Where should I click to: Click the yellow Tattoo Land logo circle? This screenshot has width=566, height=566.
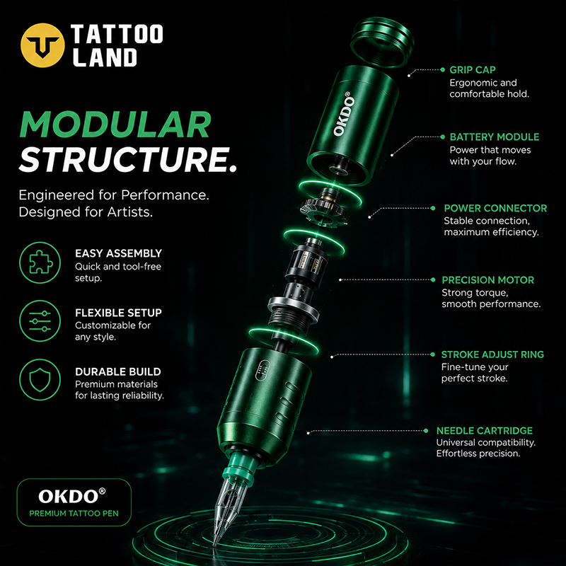42,45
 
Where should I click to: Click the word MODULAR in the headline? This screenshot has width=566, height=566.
115,125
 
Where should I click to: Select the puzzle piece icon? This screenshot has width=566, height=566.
40,262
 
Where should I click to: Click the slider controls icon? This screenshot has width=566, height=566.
40,321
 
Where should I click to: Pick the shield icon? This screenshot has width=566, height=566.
40,380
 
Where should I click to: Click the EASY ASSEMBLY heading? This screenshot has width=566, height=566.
118,253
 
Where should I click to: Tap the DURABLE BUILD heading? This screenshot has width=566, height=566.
118,372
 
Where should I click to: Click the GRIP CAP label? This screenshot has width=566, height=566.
473,70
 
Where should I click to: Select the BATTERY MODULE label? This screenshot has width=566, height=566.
495,137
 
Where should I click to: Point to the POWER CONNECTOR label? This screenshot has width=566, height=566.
495,208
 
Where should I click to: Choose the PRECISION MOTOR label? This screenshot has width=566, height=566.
488,280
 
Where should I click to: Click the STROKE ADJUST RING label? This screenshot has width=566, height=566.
492,354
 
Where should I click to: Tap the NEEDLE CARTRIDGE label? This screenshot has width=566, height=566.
485,431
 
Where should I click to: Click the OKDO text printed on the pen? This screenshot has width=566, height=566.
343,114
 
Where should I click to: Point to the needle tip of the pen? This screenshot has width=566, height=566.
215,544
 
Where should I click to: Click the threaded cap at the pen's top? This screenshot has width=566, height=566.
382,42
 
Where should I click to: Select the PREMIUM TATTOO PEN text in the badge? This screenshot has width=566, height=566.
74,514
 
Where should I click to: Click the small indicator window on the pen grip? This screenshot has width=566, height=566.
262,370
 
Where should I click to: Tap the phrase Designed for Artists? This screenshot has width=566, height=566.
86,212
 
